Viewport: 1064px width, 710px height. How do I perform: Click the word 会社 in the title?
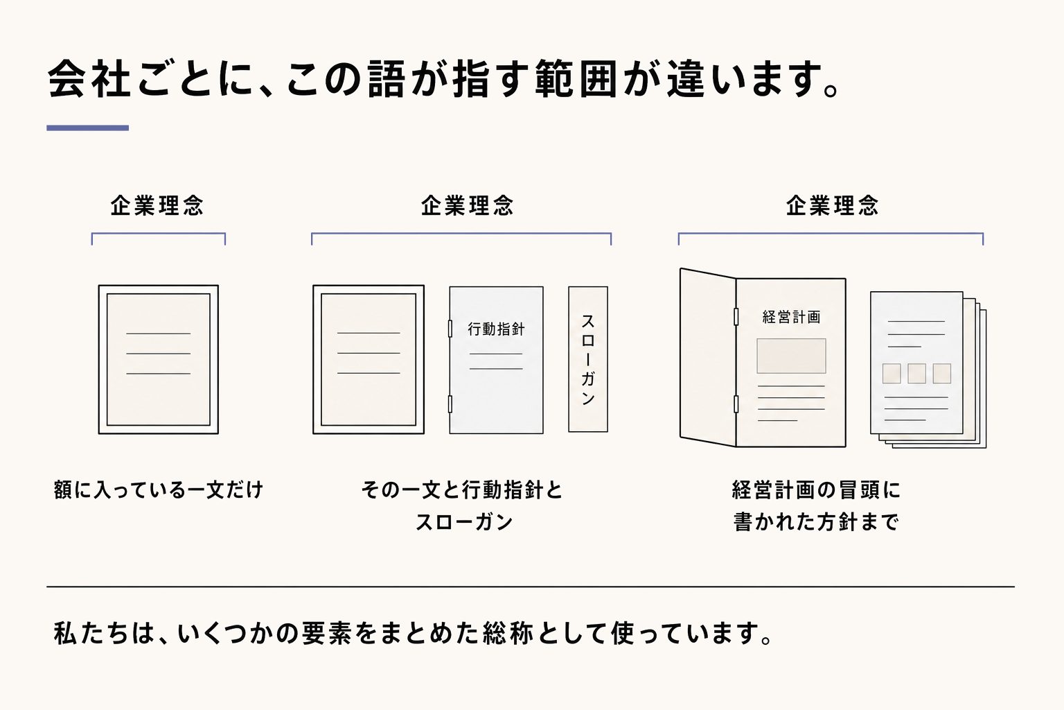tap(89, 80)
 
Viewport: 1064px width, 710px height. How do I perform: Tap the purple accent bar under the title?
tap(87, 128)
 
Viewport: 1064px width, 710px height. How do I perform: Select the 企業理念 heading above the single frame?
tap(157, 206)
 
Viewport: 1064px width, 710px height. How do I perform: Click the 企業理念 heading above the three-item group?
tap(468, 206)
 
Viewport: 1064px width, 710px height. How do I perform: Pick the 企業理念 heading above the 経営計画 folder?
tap(832, 206)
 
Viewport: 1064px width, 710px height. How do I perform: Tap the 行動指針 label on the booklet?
tap(497, 329)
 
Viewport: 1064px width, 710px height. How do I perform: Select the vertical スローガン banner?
tap(588, 359)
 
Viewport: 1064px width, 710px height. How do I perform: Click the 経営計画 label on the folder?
tap(791, 317)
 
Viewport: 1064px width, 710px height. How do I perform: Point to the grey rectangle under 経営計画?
tap(791, 356)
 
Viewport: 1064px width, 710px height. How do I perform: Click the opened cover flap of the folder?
tap(708, 358)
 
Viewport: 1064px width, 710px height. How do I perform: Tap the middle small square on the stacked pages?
tap(916, 374)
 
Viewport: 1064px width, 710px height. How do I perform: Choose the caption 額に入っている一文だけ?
tap(158, 490)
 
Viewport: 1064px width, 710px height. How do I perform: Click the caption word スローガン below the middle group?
tap(464, 522)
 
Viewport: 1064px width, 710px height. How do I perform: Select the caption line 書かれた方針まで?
tap(816, 522)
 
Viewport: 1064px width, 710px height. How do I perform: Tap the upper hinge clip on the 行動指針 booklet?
tap(450, 329)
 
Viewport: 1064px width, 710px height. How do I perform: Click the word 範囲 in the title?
tap(576, 80)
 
